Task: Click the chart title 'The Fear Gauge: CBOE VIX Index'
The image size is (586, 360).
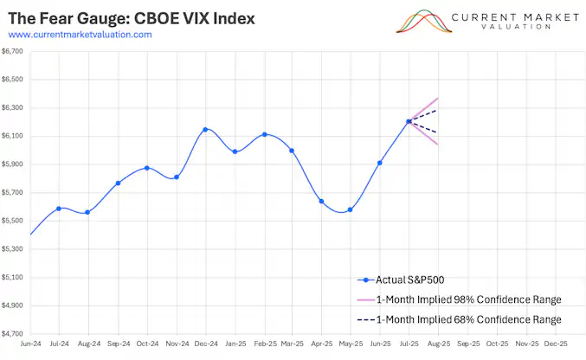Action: click(x=132, y=18)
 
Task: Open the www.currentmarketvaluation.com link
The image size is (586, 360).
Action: click(x=80, y=35)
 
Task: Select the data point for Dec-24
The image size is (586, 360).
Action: click(x=205, y=130)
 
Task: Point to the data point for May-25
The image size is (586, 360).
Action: click(x=350, y=209)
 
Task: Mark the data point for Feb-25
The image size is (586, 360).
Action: click(x=264, y=134)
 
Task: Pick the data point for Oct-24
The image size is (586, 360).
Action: click(x=146, y=168)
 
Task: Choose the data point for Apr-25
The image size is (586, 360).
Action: click(x=321, y=202)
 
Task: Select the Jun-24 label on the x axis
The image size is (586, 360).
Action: click(x=30, y=343)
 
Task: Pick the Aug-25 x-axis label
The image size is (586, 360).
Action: click(x=438, y=343)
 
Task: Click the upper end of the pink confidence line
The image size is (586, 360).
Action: click(x=438, y=98)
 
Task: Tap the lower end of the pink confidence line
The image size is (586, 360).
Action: click(x=438, y=145)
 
